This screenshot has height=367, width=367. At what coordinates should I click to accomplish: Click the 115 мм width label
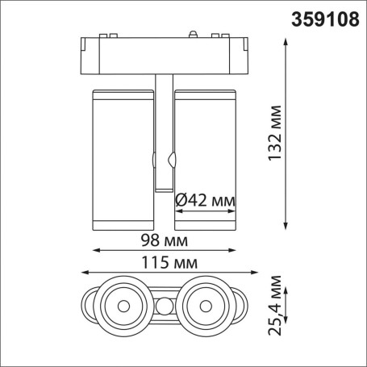point(169,263)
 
